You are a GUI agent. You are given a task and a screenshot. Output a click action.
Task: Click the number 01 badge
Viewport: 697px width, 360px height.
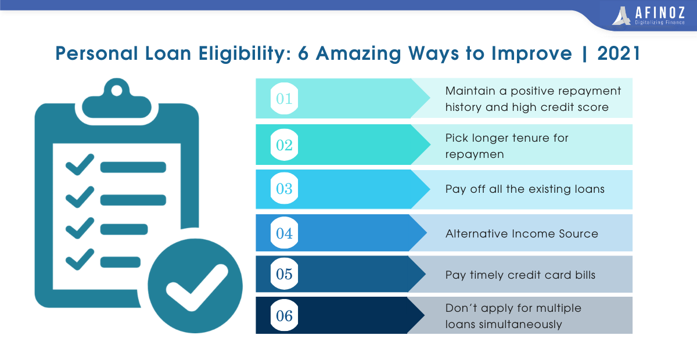point(284,98)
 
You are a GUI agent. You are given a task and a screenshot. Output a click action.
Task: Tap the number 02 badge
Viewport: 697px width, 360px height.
point(284,145)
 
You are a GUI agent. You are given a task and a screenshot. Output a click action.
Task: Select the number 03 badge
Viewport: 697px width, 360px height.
point(284,188)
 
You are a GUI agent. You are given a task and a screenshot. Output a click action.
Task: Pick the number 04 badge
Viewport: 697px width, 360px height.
point(284,233)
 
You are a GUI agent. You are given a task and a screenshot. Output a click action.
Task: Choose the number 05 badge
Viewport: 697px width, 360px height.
point(284,274)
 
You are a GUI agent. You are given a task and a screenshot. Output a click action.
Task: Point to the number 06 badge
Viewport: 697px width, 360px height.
point(284,315)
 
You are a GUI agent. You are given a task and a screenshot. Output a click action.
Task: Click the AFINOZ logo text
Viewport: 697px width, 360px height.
point(660,13)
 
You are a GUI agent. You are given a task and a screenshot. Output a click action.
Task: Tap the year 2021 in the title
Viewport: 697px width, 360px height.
point(619,53)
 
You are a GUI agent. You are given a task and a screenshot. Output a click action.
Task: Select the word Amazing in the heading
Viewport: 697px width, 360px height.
point(358,54)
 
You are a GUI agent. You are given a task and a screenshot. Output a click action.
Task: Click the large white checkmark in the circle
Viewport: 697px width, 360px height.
point(197,287)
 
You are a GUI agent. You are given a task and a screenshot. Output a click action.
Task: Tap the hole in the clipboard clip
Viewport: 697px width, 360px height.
point(117,91)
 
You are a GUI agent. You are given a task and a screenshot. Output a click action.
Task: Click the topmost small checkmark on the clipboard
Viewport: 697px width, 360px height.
point(80,164)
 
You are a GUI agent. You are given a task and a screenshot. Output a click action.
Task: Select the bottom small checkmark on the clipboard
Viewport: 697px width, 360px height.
point(80,259)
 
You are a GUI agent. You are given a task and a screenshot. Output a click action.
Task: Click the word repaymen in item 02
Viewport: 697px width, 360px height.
point(475,154)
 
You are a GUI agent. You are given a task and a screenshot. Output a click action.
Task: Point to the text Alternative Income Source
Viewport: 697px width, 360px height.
point(522,233)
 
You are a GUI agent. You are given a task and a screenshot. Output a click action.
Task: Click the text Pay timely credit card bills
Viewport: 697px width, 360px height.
point(520,275)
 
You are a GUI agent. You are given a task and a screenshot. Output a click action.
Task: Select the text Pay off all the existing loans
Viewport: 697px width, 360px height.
point(525,189)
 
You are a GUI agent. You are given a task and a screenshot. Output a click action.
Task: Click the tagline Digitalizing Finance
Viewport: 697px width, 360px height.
point(660,23)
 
